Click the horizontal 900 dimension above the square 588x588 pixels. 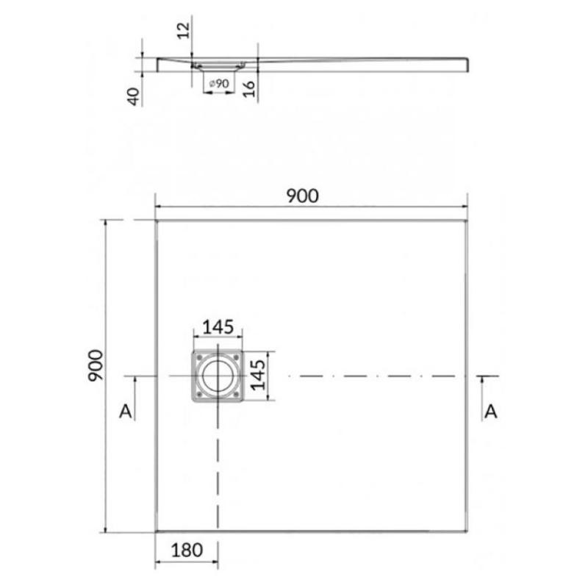tap(302, 196)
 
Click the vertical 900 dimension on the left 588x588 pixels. tap(96, 365)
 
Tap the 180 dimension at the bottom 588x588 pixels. tap(187, 550)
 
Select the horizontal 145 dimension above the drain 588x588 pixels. tap(218, 327)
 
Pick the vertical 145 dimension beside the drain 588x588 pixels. tap(258, 375)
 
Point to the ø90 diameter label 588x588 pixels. tap(218, 83)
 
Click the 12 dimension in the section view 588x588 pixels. tap(183, 30)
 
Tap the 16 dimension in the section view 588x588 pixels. tap(249, 89)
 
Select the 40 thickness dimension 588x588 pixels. tap(134, 96)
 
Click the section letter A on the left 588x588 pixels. tap(126, 412)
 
